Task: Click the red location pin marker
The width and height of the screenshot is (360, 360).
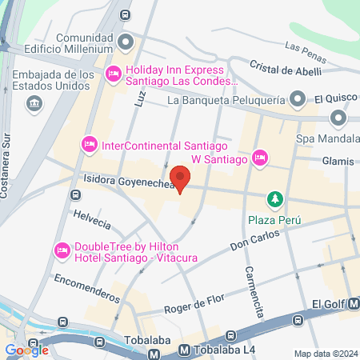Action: pos(182,179)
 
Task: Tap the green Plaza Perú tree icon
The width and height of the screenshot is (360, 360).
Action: pos(275,198)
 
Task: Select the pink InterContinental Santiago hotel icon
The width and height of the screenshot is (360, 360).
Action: pos(89,144)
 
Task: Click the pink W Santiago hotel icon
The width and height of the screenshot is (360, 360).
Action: pos(259,158)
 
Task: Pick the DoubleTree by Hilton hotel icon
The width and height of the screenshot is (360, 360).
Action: pos(61,250)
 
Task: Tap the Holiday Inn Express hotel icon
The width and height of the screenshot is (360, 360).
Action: pos(114,74)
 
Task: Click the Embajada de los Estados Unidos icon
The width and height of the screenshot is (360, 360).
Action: pos(34,102)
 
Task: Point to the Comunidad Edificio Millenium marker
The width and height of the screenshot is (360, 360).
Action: pos(124,42)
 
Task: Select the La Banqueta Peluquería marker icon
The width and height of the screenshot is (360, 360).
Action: pos(298,100)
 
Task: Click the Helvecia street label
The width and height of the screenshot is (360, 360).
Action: pos(90,218)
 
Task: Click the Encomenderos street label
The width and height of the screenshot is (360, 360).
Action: pos(87,286)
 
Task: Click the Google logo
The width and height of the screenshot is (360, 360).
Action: pos(26,350)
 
